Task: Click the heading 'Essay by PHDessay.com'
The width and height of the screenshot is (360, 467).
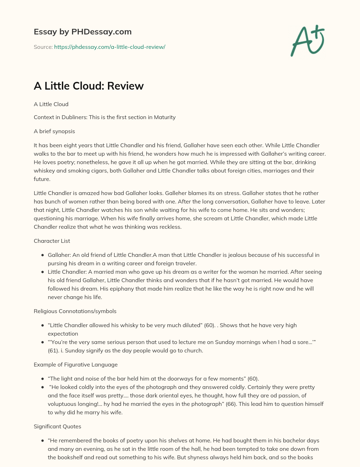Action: click(83, 32)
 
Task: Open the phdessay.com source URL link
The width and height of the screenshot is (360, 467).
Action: click(109, 47)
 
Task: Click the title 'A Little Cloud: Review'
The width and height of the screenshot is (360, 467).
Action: click(89, 86)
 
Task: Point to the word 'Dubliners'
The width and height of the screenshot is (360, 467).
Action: click(73, 117)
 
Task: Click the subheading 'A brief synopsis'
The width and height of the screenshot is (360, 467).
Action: click(54, 131)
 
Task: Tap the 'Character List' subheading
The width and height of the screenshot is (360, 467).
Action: click(52, 241)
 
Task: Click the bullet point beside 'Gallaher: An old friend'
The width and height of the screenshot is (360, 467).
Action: click(43, 255)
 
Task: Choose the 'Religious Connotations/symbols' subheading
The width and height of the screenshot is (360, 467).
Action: click(75, 311)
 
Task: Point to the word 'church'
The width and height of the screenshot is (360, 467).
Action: click(193, 351)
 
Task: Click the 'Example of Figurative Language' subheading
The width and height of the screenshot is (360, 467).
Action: click(76, 365)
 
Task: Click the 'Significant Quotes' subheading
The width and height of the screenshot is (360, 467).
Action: click(57, 427)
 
